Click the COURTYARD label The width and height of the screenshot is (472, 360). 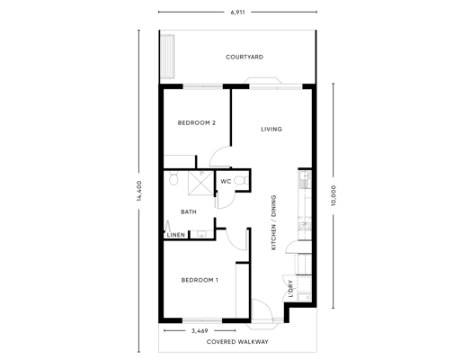pyautogui.click(x=245, y=57)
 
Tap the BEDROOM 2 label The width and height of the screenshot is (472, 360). pyautogui.click(x=197, y=123)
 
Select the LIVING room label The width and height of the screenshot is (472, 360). pyautogui.click(x=272, y=130)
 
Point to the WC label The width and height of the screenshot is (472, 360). pyautogui.click(x=226, y=182)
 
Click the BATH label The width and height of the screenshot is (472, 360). pyautogui.click(x=189, y=212)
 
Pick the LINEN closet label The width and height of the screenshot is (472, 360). pyautogui.click(x=176, y=235)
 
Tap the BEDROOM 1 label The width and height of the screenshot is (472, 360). pyautogui.click(x=200, y=280)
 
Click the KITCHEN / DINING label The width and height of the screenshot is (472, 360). pyautogui.click(x=273, y=222)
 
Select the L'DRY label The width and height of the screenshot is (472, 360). pyautogui.click(x=290, y=289)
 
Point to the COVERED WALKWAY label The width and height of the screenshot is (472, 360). pyautogui.click(x=237, y=342)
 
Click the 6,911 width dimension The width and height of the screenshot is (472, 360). pyautogui.click(x=238, y=13)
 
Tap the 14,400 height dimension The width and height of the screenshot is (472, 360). pyautogui.click(x=139, y=191)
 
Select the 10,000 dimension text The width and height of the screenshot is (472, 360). pyautogui.click(x=334, y=195)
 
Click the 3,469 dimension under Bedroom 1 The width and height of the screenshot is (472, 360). pyautogui.click(x=200, y=331)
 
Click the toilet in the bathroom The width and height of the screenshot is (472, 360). pyautogui.click(x=174, y=178)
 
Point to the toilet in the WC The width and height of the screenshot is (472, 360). pyautogui.click(x=241, y=181)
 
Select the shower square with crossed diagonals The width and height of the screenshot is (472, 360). pyautogui.click(x=200, y=183)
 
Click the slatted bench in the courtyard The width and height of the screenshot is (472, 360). pyautogui.click(x=167, y=57)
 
